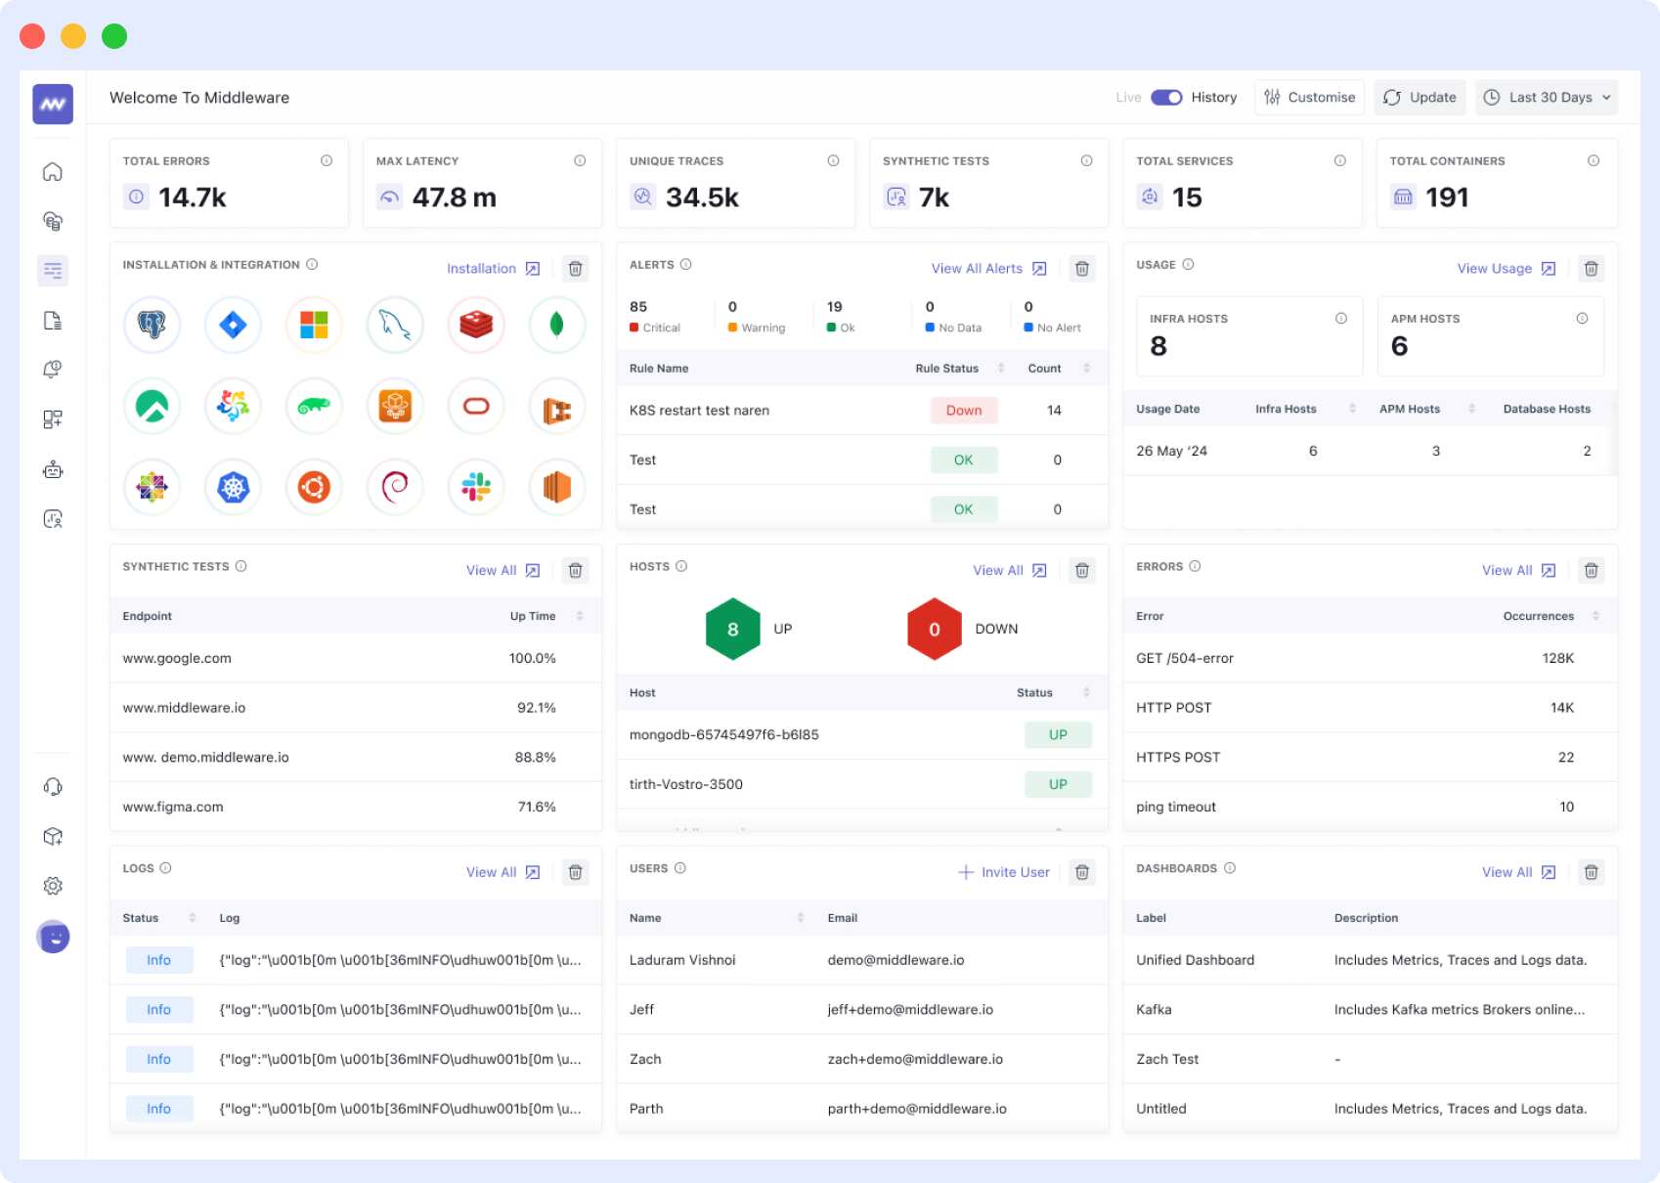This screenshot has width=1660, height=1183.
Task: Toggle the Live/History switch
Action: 1166,98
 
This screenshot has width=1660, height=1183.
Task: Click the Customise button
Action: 1309,98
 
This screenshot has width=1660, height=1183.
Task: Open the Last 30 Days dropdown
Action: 1546,98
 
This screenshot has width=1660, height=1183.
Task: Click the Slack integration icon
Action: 476,487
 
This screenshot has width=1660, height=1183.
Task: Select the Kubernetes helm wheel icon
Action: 234,487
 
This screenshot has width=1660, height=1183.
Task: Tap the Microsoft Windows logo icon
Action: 314,325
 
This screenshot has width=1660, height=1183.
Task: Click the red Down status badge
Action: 963,411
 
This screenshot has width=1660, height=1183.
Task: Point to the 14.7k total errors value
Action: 193,197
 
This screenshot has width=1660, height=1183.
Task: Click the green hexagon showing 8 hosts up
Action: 733,630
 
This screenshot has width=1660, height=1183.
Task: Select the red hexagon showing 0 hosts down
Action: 934,630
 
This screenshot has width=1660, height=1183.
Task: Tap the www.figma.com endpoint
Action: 173,808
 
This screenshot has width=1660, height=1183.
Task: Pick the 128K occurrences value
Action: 1557,659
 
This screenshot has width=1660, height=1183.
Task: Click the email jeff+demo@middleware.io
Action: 910,1010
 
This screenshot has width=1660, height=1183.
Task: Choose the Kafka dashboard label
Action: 1154,1010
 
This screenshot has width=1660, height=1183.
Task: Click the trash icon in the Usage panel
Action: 1591,269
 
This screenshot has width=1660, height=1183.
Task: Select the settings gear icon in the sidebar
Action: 53,886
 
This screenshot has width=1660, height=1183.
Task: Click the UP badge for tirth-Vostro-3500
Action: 1058,784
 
